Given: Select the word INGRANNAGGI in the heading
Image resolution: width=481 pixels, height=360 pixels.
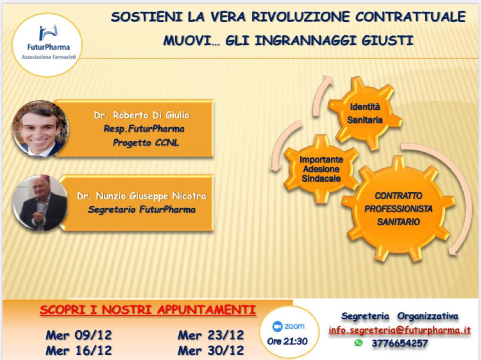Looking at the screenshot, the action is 305,40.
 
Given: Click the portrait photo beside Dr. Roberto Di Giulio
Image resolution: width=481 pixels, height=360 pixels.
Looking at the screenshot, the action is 40,129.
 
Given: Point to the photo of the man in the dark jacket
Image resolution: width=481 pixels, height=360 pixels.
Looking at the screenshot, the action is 40,203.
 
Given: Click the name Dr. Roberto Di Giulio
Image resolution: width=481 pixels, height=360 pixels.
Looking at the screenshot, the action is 142,115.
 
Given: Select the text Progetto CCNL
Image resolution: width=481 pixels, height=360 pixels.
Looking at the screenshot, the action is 146,143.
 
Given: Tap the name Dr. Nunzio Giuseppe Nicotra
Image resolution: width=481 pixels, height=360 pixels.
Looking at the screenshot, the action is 141,196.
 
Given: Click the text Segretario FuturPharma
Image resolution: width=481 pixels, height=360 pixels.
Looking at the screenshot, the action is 141,210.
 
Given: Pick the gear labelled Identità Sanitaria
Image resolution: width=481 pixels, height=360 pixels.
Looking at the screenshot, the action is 365,113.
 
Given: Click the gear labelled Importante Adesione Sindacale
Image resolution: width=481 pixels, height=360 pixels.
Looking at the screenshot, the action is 321,169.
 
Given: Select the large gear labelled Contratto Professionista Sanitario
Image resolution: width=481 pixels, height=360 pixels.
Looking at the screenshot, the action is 398,208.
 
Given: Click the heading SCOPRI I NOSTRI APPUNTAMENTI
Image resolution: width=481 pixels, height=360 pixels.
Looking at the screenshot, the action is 148,310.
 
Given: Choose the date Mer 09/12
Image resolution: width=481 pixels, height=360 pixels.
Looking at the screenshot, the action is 79,335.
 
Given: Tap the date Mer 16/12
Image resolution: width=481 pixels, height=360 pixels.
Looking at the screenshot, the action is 79,350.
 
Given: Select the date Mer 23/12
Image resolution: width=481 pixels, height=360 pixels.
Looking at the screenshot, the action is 211,335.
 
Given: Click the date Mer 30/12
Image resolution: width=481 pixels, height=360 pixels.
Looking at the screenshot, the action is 211,350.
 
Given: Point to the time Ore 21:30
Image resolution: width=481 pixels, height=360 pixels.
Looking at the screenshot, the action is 287,341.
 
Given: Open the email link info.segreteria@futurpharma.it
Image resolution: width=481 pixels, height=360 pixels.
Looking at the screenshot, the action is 399,330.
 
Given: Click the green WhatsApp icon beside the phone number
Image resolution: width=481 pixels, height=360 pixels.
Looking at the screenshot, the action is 358,343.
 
